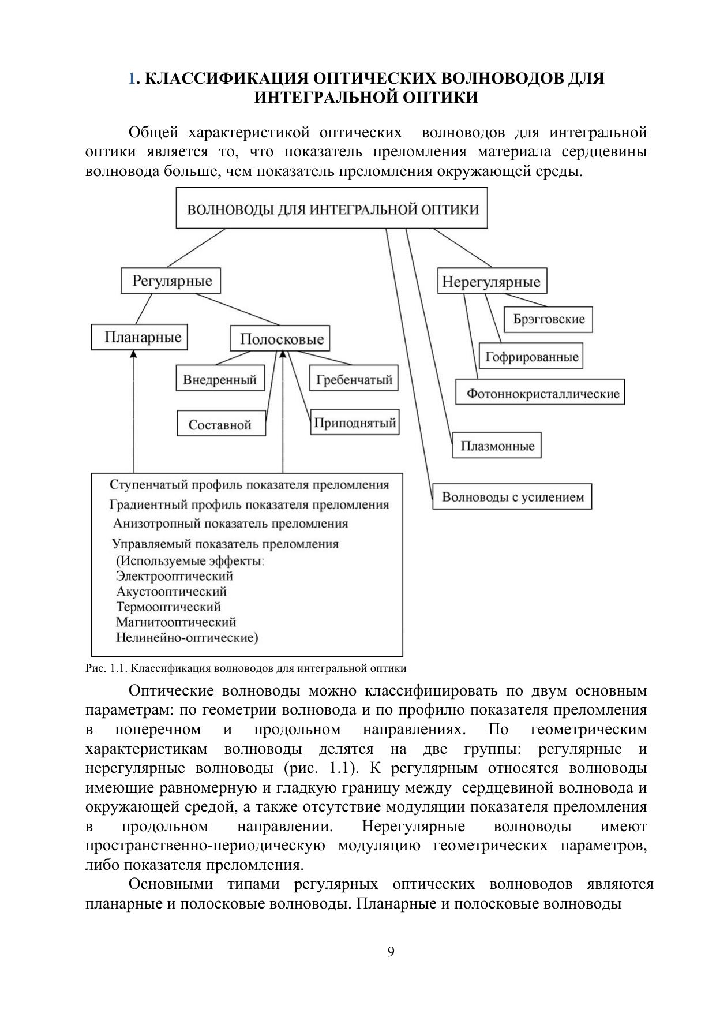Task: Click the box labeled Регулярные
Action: (x=171, y=281)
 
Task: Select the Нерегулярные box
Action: (x=492, y=282)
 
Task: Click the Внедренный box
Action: (x=220, y=379)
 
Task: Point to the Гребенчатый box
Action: (x=354, y=379)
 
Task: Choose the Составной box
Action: (x=221, y=424)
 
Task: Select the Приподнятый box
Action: (x=355, y=423)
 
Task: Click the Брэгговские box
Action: (x=548, y=319)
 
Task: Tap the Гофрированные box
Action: (x=531, y=356)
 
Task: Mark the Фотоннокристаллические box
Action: (x=540, y=393)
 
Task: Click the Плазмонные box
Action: (x=497, y=446)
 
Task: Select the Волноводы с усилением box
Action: (x=512, y=496)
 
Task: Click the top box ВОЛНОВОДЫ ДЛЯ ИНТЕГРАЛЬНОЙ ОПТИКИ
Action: (x=332, y=208)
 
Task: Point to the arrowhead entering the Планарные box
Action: (x=133, y=354)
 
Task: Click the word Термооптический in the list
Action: (x=168, y=607)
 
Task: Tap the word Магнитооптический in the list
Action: (x=176, y=622)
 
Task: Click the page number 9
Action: (x=391, y=952)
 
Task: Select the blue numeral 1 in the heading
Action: (x=132, y=78)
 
